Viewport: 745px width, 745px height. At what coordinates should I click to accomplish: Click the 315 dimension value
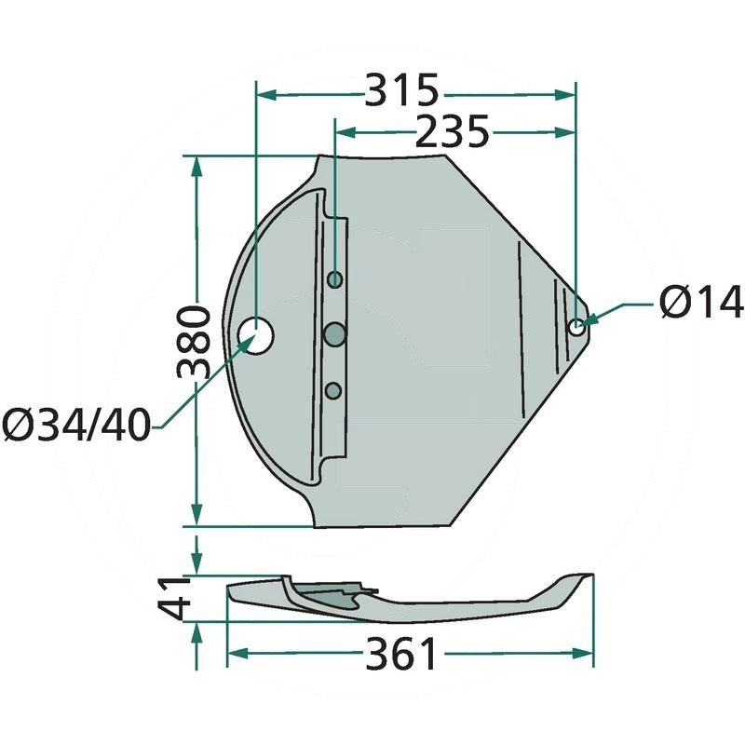click(401, 90)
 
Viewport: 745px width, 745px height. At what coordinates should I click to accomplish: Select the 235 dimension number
click(452, 131)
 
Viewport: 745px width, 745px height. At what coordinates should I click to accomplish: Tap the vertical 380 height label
click(194, 342)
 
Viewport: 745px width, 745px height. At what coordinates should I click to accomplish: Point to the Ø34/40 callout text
click(76, 425)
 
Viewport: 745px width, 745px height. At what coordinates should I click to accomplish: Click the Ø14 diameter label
click(701, 301)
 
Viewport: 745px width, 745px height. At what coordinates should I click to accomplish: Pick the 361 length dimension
click(401, 654)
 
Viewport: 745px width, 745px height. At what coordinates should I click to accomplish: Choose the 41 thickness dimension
click(174, 598)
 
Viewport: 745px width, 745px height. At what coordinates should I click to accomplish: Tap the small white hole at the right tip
click(576, 327)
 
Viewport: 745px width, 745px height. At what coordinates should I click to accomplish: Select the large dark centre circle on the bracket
click(335, 334)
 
